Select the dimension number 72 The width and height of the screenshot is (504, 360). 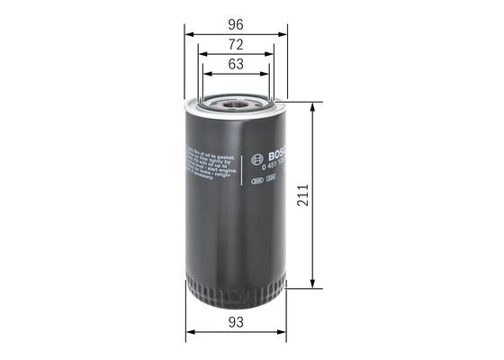point(236,43)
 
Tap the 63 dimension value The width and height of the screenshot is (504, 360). point(236,65)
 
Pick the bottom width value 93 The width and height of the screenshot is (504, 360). point(236,321)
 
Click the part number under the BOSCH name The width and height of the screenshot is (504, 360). point(265,163)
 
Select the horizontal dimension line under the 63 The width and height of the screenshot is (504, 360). point(236,76)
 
